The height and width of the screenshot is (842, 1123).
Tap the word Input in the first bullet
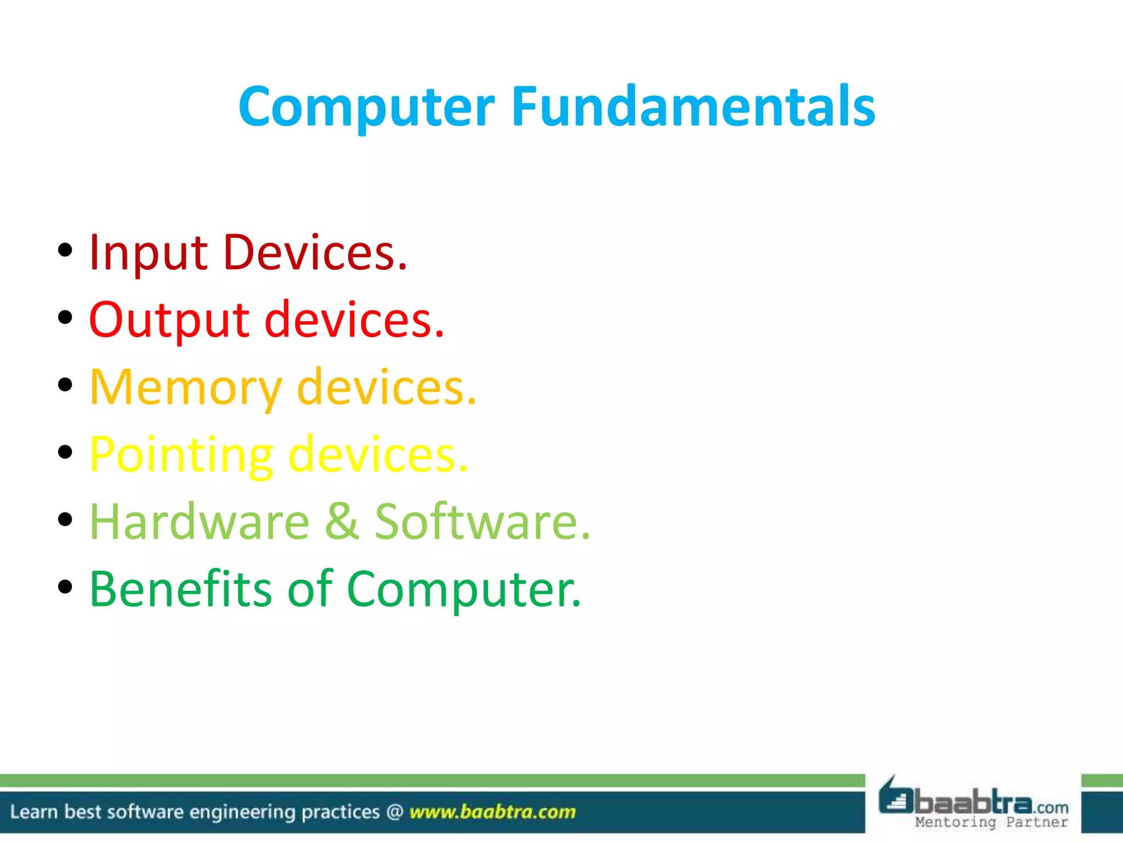pos(148,253)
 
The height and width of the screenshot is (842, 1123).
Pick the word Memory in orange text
pos(186,388)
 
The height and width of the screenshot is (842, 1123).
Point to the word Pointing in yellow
pos(182,455)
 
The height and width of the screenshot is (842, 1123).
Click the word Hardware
pos(200,522)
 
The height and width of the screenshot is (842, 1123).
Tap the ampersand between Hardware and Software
pos(342,522)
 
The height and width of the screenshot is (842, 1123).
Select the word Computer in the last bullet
pos(463,590)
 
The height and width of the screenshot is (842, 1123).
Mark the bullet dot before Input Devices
pos(65,250)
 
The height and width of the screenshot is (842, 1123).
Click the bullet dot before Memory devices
pos(65,385)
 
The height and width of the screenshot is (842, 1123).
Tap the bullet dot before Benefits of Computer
pos(65,587)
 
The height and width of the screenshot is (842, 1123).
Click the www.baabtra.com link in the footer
pos(492,812)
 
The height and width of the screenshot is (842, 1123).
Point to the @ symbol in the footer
pos(395,812)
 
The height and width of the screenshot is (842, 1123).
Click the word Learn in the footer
pos(33,812)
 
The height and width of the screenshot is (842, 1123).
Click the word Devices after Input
pos(315,253)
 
